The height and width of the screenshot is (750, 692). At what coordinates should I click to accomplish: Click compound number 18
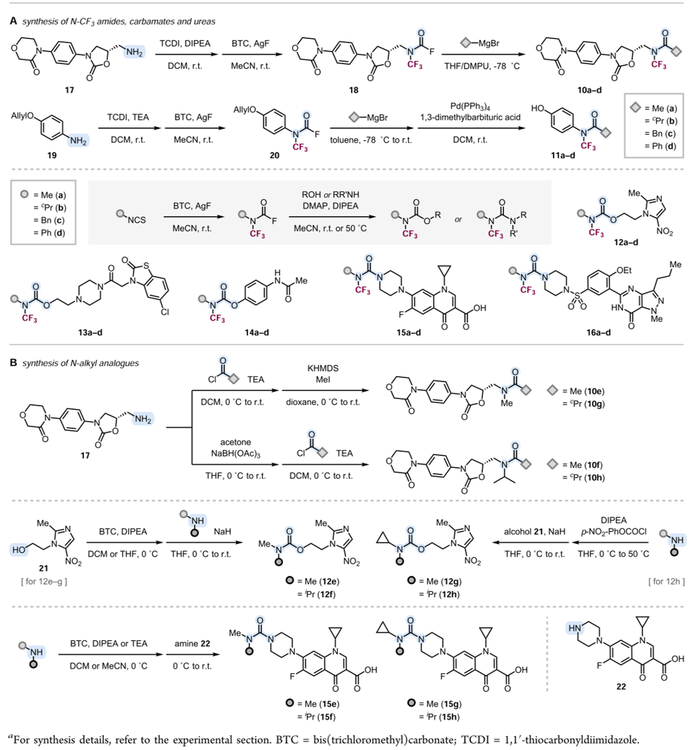[x=353, y=90]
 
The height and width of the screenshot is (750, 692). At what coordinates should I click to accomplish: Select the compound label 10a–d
[x=589, y=90]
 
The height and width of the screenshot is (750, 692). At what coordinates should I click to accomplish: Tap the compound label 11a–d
[x=563, y=155]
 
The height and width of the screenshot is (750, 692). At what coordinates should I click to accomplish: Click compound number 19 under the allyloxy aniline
[x=52, y=155]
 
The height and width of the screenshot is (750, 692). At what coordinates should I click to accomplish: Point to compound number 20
[x=275, y=155]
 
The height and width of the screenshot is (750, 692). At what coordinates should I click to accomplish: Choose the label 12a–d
[x=626, y=242]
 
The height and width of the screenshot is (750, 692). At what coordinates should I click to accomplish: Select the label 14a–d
[x=257, y=332]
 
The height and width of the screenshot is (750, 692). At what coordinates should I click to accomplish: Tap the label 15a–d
[x=408, y=332]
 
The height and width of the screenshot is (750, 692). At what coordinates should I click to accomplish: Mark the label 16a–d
[x=599, y=332]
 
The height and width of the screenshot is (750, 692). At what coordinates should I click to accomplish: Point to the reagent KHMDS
[x=323, y=368]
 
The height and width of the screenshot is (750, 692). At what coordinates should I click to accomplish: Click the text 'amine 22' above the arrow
[x=193, y=644]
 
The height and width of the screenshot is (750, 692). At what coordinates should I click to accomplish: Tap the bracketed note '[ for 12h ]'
[x=667, y=581]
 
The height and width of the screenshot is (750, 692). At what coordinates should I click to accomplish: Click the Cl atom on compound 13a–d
[x=165, y=312]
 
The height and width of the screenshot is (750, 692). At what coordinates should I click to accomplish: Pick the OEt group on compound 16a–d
[x=624, y=270]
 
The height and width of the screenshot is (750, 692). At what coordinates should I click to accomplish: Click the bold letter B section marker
[x=13, y=363]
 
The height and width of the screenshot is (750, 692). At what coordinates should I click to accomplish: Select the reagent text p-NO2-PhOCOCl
[x=614, y=531]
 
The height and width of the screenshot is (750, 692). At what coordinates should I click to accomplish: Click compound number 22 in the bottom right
[x=621, y=687]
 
